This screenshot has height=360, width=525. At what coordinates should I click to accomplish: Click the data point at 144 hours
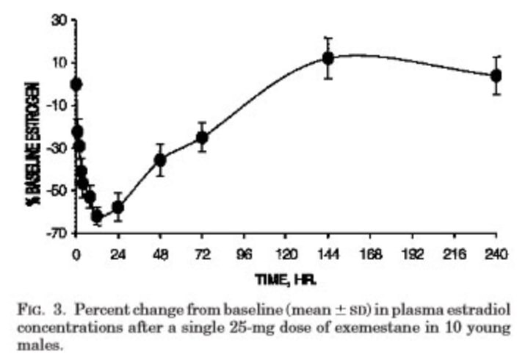pyautogui.click(x=328, y=57)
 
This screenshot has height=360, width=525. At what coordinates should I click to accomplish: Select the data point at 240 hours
pyautogui.click(x=496, y=75)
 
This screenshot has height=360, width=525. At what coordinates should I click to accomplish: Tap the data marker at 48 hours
pyautogui.click(x=160, y=159)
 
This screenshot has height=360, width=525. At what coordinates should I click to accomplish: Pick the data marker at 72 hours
pyautogui.click(x=202, y=137)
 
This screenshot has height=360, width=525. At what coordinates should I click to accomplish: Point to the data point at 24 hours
pyautogui.click(x=117, y=206)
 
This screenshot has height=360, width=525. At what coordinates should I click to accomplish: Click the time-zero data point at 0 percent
pyautogui.click(x=76, y=84)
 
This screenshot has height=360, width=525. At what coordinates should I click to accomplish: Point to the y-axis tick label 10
pyautogui.click(x=56, y=62)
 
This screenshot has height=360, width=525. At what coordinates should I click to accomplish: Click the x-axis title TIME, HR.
pyautogui.click(x=286, y=280)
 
